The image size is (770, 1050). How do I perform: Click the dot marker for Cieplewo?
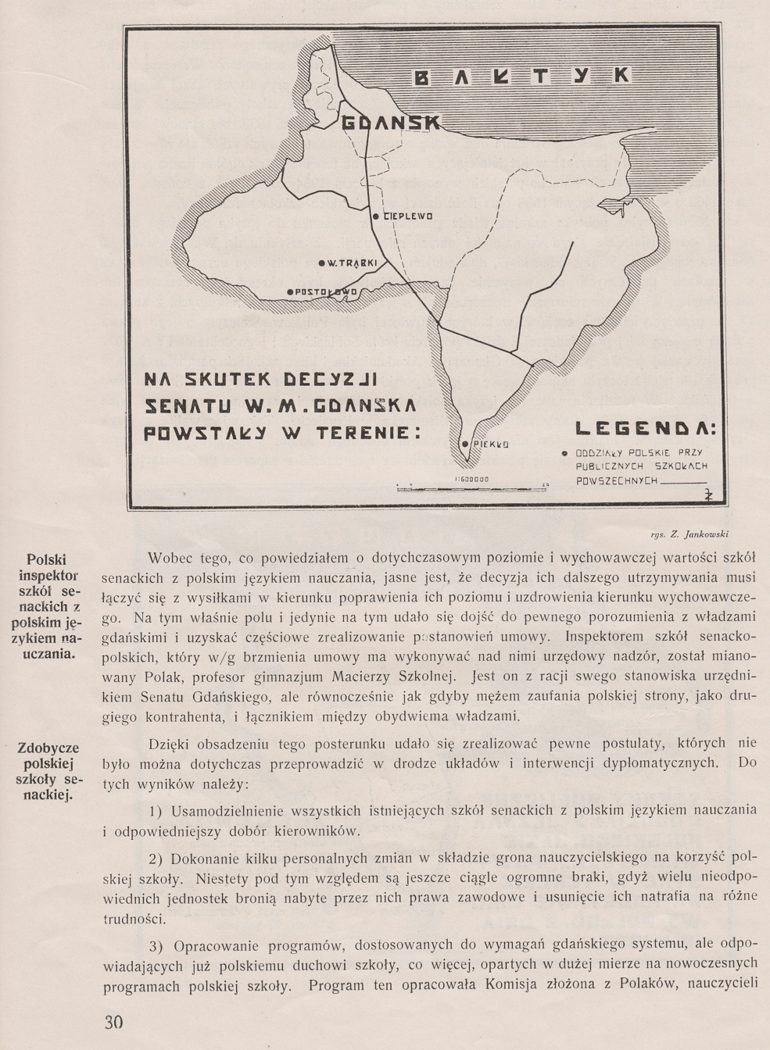point(375,216)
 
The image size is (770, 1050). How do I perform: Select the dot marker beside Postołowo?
point(290,291)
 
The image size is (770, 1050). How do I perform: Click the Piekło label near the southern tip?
point(490,444)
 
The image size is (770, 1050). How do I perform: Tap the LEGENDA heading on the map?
point(648,429)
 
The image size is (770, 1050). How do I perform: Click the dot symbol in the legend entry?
point(564,453)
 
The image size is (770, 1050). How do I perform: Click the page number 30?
point(113,1023)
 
